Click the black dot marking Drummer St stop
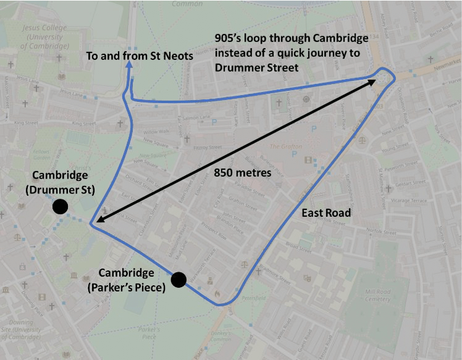60,207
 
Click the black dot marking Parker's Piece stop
178,280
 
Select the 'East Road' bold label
325,213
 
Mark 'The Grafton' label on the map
285,146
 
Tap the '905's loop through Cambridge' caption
291,38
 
